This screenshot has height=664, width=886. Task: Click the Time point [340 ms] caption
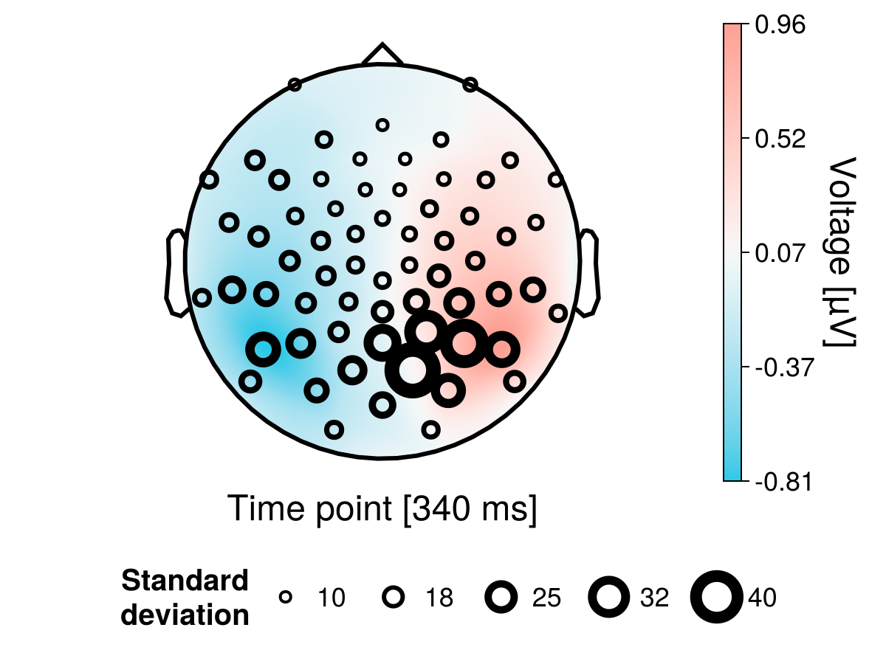tap(382, 509)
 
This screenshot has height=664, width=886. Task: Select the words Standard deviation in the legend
tap(185, 598)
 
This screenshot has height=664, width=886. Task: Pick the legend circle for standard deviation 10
tap(286, 598)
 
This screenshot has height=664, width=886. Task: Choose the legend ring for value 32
tap(609, 598)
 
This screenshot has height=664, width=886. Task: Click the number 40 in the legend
tap(762, 598)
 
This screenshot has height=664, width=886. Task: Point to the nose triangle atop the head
tap(382, 55)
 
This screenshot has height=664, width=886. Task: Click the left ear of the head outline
tap(175, 273)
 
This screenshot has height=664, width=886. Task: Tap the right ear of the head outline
tap(588, 273)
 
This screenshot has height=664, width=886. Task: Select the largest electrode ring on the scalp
tap(413, 370)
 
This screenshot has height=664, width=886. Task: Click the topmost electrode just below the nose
tap(382, 125)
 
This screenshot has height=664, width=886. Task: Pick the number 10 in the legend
tap(332, 598)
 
